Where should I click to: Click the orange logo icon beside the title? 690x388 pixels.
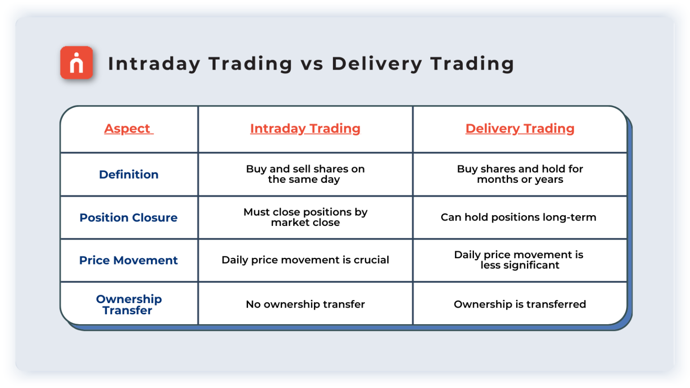[77, 63]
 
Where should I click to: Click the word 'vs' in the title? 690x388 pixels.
[312, 64]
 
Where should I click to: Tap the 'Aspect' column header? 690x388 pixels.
[128, 128]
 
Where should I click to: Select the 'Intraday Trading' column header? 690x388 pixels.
[305, 128]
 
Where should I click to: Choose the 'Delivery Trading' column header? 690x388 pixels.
[520, 128]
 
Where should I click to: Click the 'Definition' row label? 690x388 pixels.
[128, 174]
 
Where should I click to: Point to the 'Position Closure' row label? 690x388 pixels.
[128, 217]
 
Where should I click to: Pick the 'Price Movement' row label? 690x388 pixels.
[128, 260]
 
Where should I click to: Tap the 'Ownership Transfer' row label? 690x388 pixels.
[128, 304]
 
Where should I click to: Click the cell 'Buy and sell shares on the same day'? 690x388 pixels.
[305, 174]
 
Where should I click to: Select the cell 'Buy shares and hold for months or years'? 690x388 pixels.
[520, 174]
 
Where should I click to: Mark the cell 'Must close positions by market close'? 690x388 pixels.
[305, 217]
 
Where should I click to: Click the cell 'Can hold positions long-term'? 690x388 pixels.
[518, 217]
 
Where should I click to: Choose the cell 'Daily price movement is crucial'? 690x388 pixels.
[305, 260]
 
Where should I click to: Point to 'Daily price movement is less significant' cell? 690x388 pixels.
[519, 260]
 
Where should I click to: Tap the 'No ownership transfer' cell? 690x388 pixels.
[305, 304]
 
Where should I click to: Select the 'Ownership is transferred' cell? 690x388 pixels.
[520, 304]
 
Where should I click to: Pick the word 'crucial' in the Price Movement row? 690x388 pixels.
[371, 260]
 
